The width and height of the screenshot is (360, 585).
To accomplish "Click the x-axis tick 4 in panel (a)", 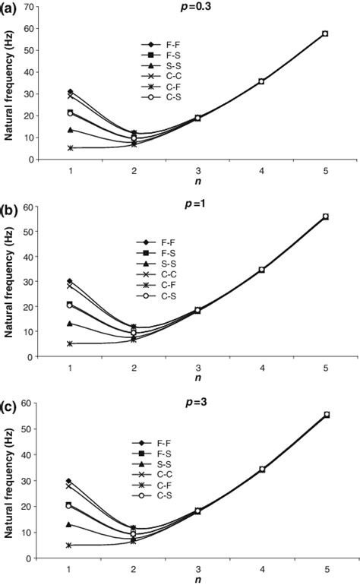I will click(x=261, y=171).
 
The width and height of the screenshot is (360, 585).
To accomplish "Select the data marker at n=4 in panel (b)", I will click(x=261, y=270).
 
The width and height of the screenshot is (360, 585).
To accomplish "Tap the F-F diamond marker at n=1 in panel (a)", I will click(x=71, y=92).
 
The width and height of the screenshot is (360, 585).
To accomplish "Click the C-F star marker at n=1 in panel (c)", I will click(x=71, y=545).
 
